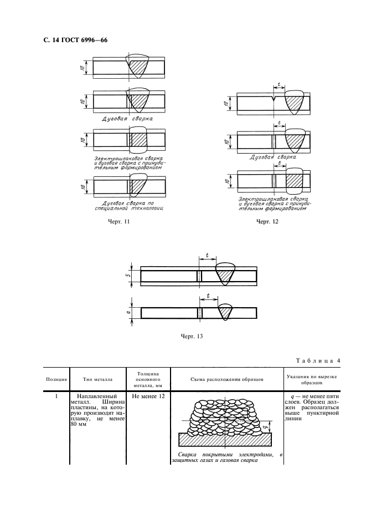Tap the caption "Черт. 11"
pos(118,222)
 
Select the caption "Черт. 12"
pos(267,222)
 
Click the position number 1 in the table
pos(56,396)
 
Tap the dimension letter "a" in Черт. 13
pos(127,313)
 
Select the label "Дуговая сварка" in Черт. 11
pos(128,118)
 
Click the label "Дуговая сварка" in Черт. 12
pos(272,157)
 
